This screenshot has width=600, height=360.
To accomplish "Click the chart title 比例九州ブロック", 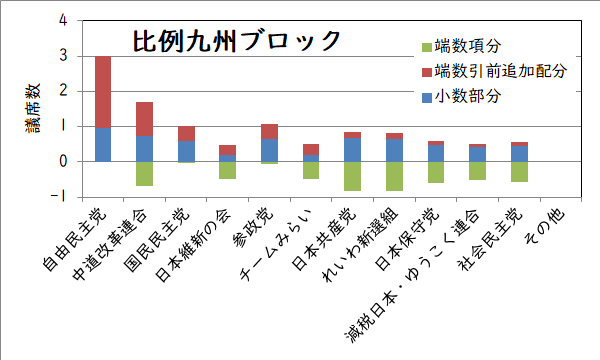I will (x=237, y=41).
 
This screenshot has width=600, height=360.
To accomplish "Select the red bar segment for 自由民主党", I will (x=103, y=91).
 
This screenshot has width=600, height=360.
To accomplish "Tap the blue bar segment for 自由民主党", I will (x=103, y=144).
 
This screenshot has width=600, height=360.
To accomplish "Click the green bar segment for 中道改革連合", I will (x=144, y=173).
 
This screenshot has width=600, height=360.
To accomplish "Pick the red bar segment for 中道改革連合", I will (x=144, y=118).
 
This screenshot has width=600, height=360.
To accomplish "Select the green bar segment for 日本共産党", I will (x=352, y=175).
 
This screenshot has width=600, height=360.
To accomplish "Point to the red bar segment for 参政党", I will (x=269, y=131).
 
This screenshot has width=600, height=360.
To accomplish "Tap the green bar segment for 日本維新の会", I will (x=227, y=170).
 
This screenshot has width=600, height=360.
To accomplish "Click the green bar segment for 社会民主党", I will (x=518, y=171).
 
